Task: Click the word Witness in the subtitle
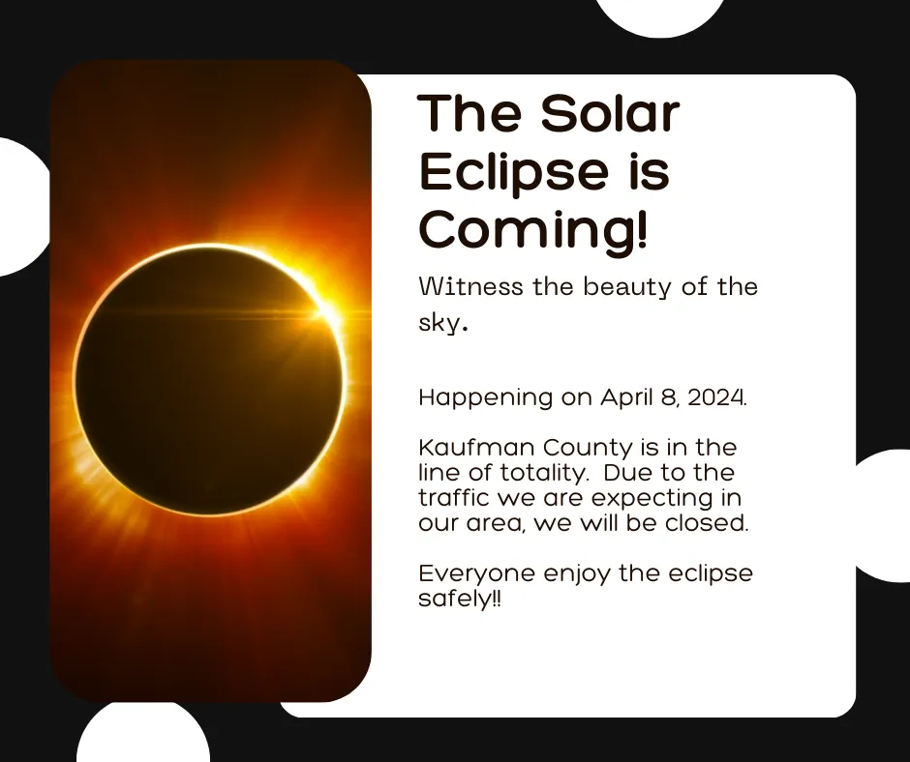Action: tap(470, 286)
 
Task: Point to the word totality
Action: tap(543, 474)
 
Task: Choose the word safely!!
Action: tap(459, 599)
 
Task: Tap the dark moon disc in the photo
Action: tap(209, 380)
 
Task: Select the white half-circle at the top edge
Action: tap(660, 17)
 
